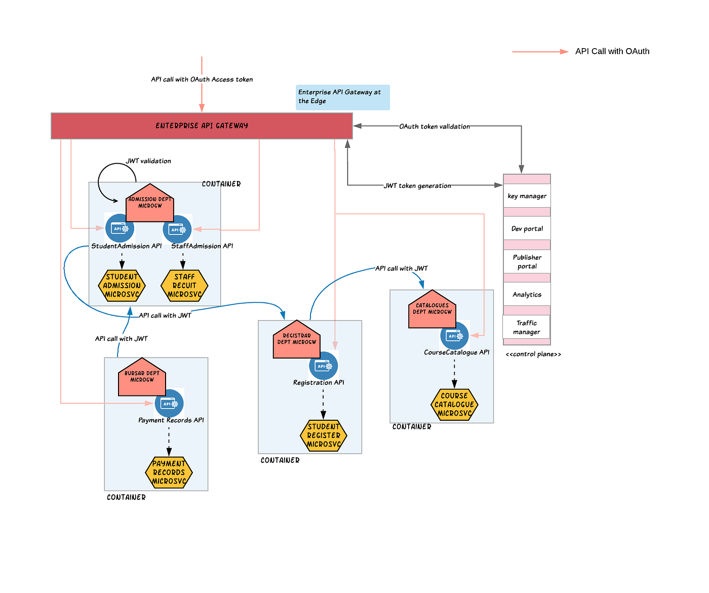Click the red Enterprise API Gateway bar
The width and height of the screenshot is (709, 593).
pos(202,126)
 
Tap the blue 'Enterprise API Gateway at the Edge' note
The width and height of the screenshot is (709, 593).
pos(343,97)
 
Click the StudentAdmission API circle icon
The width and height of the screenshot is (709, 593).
pos(120,228)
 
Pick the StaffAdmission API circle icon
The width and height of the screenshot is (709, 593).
pos(177,229)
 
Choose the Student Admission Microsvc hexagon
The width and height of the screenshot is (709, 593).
pos(122,286)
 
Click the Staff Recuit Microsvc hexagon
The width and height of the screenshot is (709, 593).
pos(184,286)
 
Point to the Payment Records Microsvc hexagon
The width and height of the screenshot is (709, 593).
pos(169,472)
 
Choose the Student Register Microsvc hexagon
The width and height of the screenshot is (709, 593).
pos(324,436)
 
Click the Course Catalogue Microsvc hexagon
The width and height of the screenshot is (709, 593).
pos(454,404)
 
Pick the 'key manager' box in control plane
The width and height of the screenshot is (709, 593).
pos(527,196)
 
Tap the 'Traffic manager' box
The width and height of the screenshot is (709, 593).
pos(526,327)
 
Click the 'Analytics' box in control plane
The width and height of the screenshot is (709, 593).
pos(527,294)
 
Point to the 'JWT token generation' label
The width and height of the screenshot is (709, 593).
pos(417,186)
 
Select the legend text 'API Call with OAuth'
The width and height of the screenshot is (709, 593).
pos(612,51)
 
